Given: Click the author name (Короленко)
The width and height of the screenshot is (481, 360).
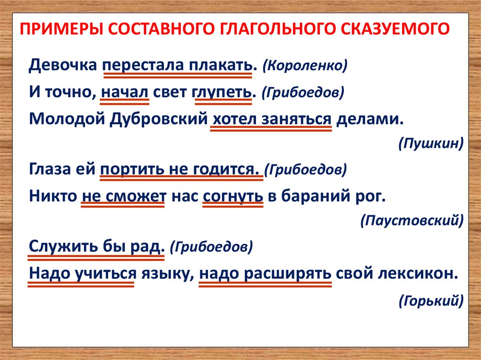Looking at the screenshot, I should pyautogui.click(x=305, y=65).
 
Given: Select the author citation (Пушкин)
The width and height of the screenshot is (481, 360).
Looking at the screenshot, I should pyautogui.click(x=430, y=143).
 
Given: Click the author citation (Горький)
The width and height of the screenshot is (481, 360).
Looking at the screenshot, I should pyautogui.click(x=431, y=299).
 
